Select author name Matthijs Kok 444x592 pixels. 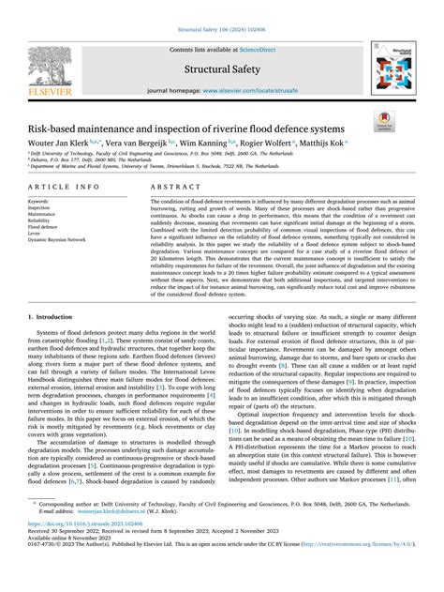[321, 144]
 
